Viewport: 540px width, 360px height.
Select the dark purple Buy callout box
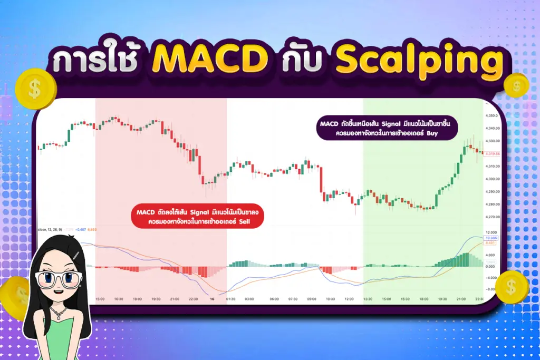[x=388, y=129]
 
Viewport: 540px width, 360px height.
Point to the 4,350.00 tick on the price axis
[x=491, y=115]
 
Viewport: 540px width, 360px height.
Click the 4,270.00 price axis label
[x=491, y=217]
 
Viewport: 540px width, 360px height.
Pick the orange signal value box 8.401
[x=490, y=244]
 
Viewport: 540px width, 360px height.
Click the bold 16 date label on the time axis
[x=211, y=299]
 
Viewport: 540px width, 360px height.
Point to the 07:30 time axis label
[x=293, y=299]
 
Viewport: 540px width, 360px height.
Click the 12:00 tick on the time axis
[x=349, y=299]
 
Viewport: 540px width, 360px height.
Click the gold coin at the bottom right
[x=510, y=287]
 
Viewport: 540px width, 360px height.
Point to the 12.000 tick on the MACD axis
[x=491, y=232]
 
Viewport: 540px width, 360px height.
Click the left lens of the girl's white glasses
[x=47, y=278]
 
